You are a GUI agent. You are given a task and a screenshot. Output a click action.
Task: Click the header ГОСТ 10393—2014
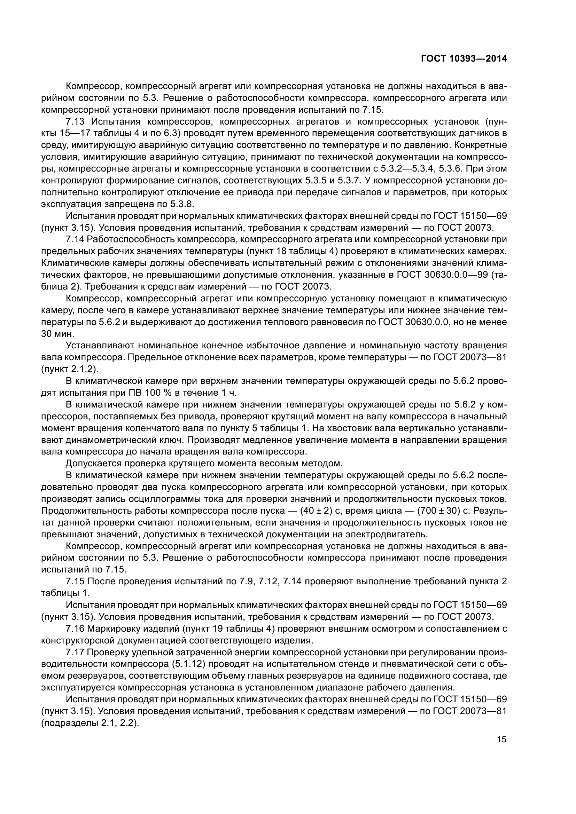click(x=464, y=58)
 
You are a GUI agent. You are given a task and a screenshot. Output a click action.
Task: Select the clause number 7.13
click(x=75, y=121)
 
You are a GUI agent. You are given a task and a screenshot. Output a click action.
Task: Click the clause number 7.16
click(x=75, y=629)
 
